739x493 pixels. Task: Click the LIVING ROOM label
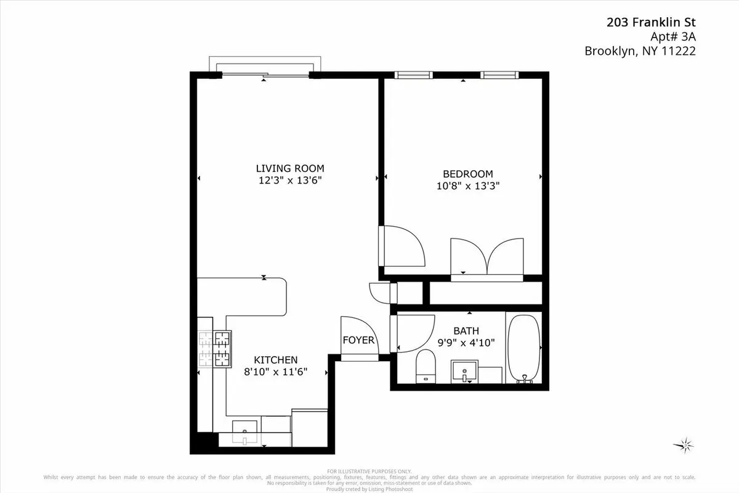coord(289,168)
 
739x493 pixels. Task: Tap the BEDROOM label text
coord(467,174)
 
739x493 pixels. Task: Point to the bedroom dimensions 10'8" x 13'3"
coord(467,185)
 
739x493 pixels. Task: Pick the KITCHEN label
coord(276,360)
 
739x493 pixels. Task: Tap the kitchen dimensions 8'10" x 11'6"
coord(276,372)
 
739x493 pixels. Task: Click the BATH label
coord(466,331)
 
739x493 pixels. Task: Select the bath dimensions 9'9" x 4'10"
coord(466,343)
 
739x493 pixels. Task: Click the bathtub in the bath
coord(523,348)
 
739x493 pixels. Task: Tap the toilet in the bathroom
coord(426,366)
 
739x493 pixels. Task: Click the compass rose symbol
coord(684,444)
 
